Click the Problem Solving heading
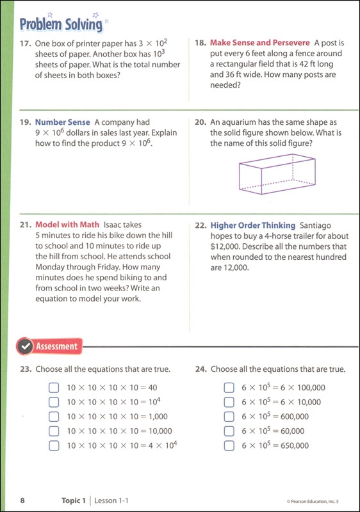(61, 24)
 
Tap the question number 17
(26, 44)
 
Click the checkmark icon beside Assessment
(25, 346)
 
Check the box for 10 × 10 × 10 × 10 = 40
(53, 387)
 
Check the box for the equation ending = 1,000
(53, 417)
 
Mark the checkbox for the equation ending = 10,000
(53, 431)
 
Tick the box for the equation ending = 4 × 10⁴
(53, 445)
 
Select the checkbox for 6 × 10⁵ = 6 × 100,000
(228, 387)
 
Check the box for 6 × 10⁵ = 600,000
(228, 417)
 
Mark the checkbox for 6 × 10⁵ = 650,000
(228, 445)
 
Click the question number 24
(200, 369)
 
